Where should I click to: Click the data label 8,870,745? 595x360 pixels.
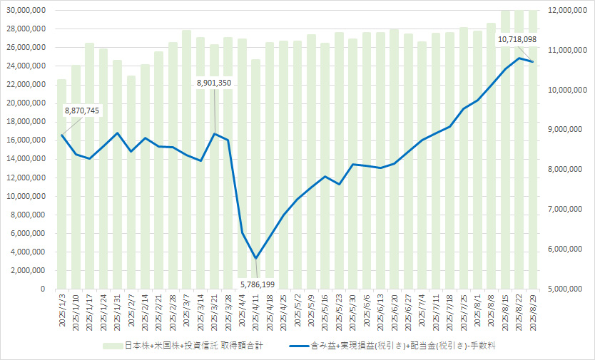coord(82,110)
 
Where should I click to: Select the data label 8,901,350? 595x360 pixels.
coord(215,83)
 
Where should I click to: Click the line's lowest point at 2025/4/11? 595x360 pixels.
coord(255,258)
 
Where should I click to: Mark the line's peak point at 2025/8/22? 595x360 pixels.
coord(519,58)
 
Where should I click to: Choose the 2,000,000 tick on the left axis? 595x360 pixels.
coord(28,270)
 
